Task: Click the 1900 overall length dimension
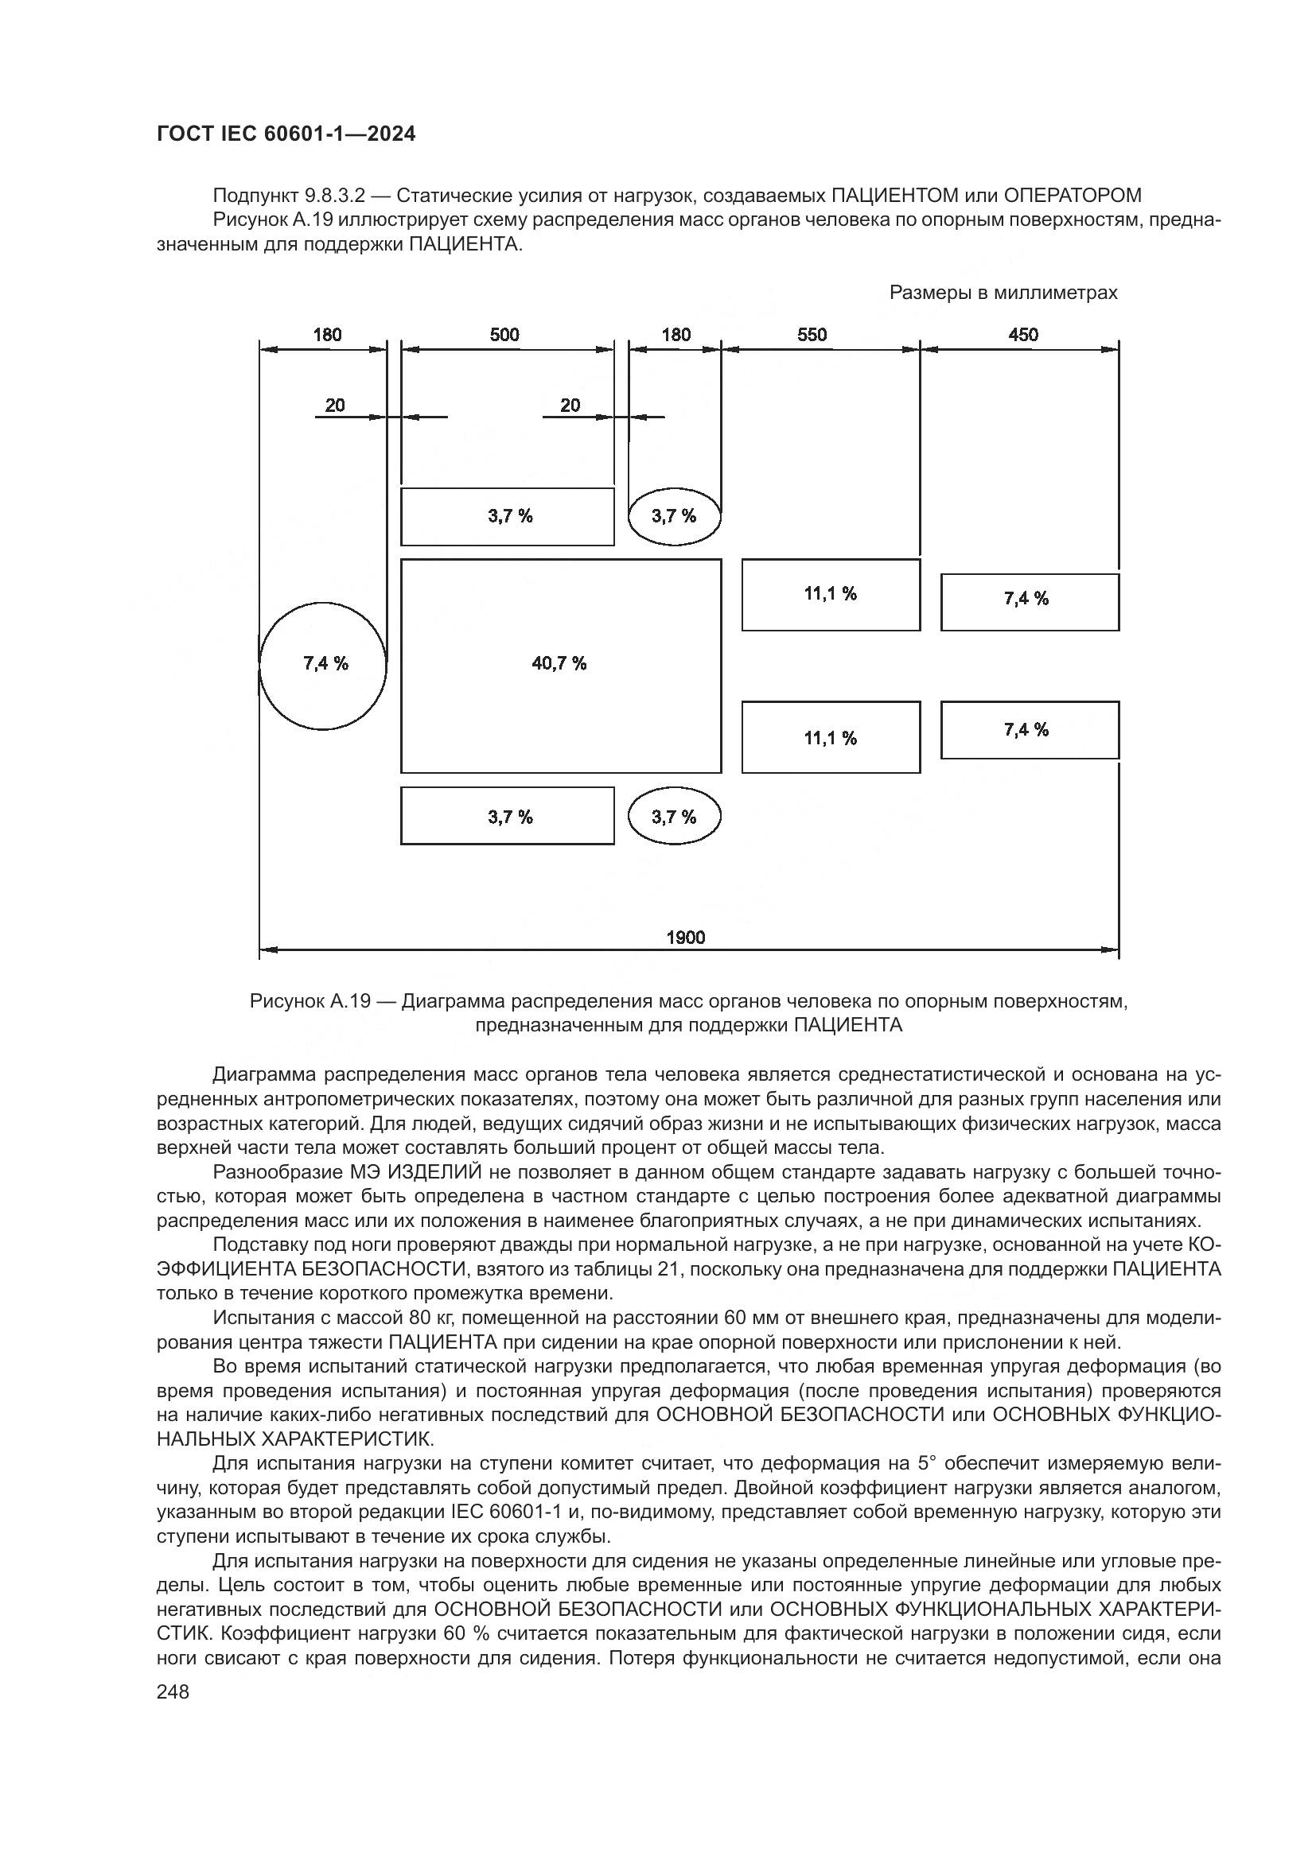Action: [686, 938]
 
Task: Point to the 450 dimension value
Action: [1022, 335]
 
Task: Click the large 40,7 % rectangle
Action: [560, 665]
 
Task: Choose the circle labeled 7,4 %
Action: [323, 665]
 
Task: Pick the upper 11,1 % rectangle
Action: [831, 595]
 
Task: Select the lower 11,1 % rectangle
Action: [831, 737]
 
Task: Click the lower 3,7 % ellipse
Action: [674, 817]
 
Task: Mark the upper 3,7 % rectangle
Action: [508, 517]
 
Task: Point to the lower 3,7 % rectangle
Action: [508, 817]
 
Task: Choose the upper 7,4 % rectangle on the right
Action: [1029, 602]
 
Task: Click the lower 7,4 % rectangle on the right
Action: [1029, 730]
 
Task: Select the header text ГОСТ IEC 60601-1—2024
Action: [286, 134]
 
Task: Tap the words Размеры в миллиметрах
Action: [1003, 293]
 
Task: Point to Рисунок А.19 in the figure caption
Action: [310, 1001]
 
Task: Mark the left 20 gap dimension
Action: [335, 405]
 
